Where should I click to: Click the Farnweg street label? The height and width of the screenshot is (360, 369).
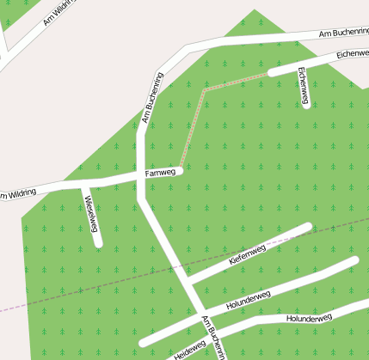160,173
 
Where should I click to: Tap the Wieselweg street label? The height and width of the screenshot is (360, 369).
90,214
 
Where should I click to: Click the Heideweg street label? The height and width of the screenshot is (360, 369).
189,348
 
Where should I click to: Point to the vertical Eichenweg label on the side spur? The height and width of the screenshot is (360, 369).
303,87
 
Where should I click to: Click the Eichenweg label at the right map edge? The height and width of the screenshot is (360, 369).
353,53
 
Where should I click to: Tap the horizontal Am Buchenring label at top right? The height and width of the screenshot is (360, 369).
343,33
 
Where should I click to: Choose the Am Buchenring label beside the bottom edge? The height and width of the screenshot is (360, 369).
215,339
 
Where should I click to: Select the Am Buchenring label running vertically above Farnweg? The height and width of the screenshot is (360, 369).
151,99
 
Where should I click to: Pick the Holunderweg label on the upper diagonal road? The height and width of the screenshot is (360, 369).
248,300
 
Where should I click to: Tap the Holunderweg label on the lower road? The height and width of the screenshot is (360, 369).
308,318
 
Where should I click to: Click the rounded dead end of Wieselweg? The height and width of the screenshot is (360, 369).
98,243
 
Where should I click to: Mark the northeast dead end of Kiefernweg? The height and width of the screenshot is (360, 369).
307,227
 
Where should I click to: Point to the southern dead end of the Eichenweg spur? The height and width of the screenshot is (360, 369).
306,105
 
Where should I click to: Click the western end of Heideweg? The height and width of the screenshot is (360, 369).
143,343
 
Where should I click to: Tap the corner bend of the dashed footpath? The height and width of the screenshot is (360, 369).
205,88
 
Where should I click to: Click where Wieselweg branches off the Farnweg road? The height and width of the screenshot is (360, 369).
83,184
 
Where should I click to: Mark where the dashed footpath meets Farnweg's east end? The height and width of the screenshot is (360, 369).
180,169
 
